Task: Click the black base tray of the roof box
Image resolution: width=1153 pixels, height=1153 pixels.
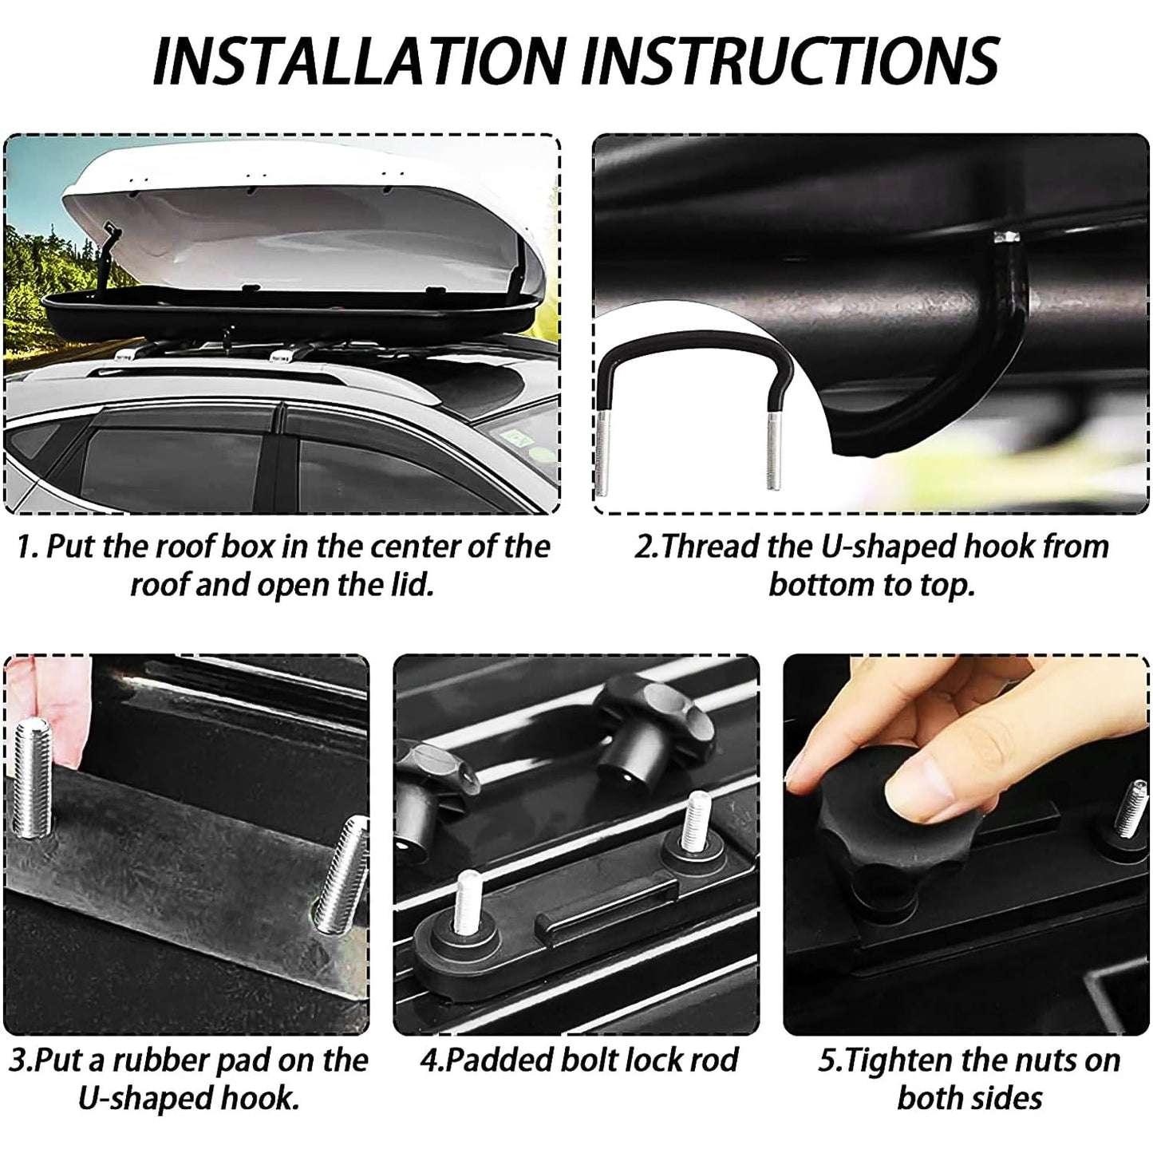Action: pyautogui.click(x=287, y=316)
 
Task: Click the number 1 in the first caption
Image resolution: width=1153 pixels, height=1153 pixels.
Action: pyautogui.click(x=24, y=547)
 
